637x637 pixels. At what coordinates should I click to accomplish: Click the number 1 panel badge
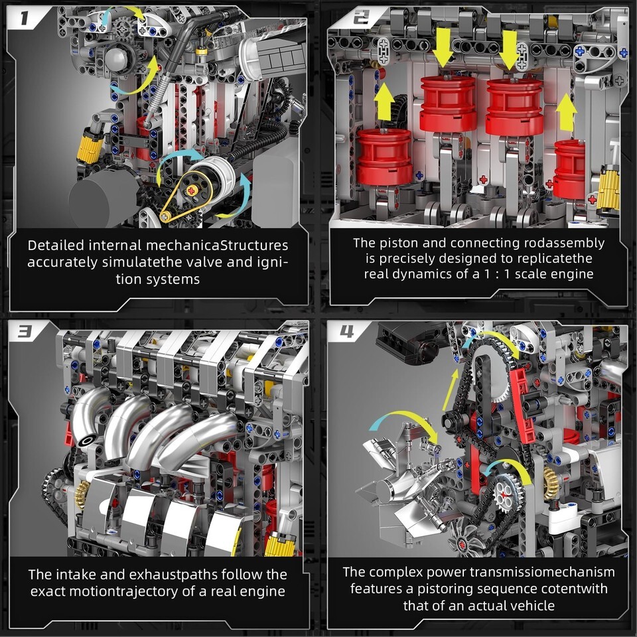click(25, 18)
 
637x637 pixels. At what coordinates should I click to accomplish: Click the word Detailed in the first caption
click(56, 246)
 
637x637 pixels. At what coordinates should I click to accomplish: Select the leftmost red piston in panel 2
click(384, 157)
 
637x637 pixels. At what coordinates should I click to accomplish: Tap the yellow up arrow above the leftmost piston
click(384, 104)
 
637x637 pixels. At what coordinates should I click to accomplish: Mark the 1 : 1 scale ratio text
click(498, 274)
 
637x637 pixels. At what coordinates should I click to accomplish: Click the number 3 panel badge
click(25, 332)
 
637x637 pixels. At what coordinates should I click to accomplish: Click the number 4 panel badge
click(347, 332)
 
